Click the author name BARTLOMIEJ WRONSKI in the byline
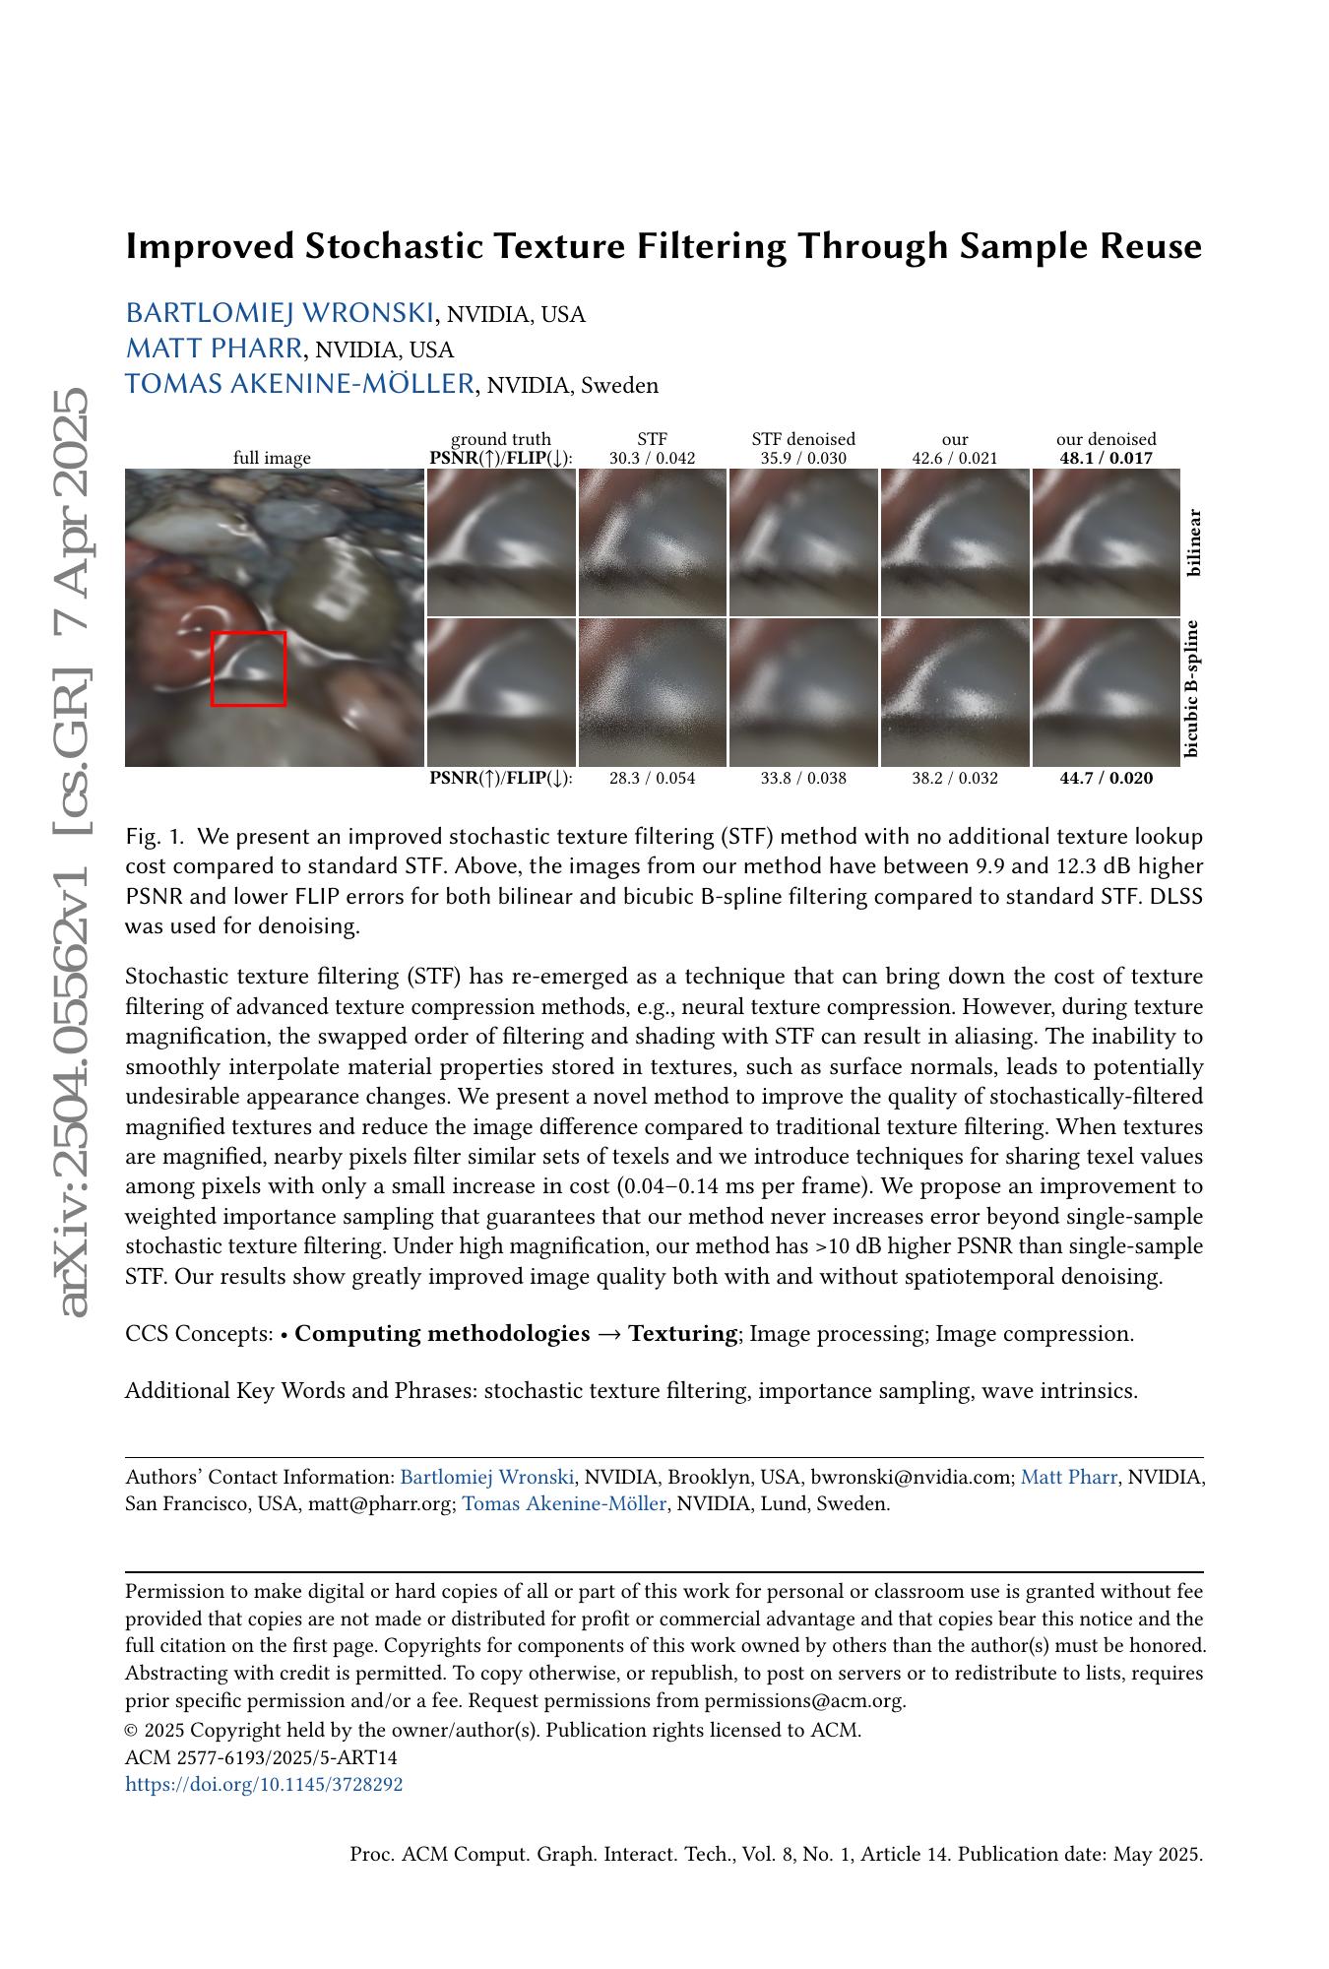tap(280, 313)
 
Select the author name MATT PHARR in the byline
tap(214, 349)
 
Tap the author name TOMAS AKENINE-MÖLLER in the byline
tap(299, 384)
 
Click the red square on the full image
tap(248, 668)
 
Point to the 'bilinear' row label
tap(1194, 542)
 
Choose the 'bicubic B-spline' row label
tap(1192, 689)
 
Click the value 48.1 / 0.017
tap(1106, 458)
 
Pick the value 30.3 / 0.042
tap(652, 458)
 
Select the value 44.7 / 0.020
tap(1106, 778)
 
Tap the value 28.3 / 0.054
tap(652, 778)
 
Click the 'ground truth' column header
tap(500, 439)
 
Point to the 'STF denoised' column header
tap(803, 439)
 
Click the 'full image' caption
tap(272, 458)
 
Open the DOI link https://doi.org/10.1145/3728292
tap(264, 1784)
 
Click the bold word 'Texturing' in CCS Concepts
tap(683, 1334)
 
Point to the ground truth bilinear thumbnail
tap(501, 542)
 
